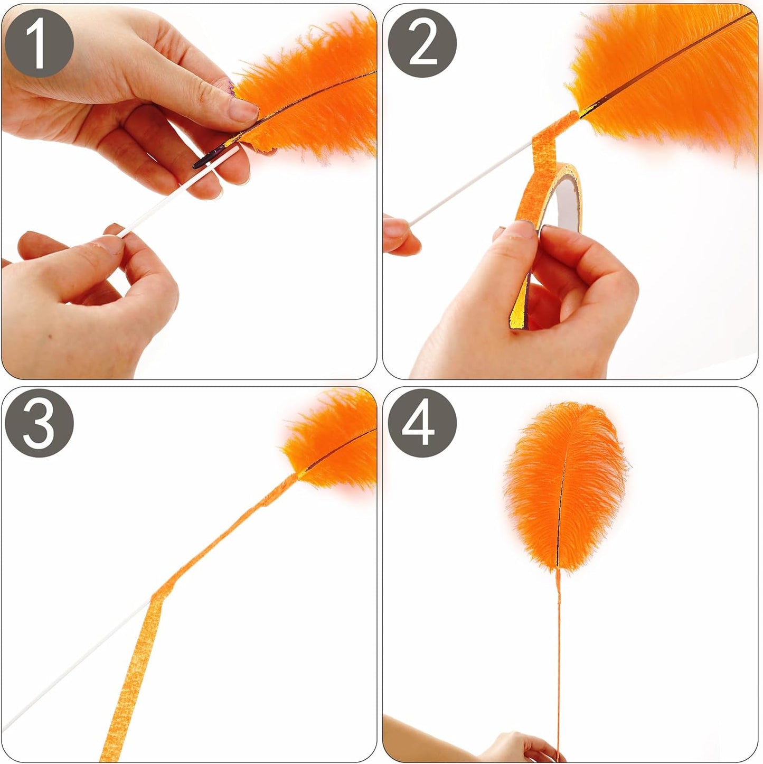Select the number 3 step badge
(39, 423)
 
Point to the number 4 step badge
(422, 423)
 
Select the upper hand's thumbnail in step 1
(244, 110)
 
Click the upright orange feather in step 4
(565, 486)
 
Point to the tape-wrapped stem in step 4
(558, 660)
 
